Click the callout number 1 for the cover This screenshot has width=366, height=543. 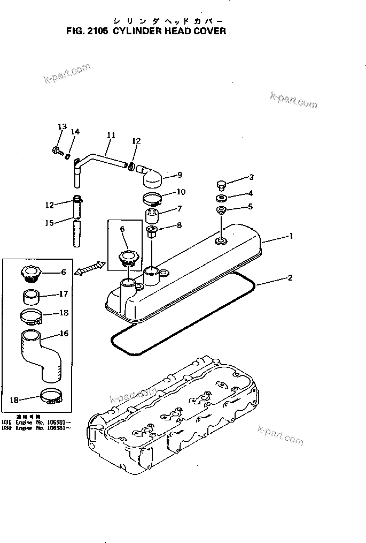click(291, 235)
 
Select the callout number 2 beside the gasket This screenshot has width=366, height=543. click(290, 277)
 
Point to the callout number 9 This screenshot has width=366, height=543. click(180, 175)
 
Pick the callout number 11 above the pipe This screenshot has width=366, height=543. click(111, 135)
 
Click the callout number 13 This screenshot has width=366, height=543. click(62, 127)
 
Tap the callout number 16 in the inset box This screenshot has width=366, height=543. click(64, 334)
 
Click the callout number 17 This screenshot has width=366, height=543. click(63, 293)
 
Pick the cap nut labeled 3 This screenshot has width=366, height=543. click(221, 185)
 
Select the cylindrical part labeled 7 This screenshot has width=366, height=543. click(153, 217)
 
